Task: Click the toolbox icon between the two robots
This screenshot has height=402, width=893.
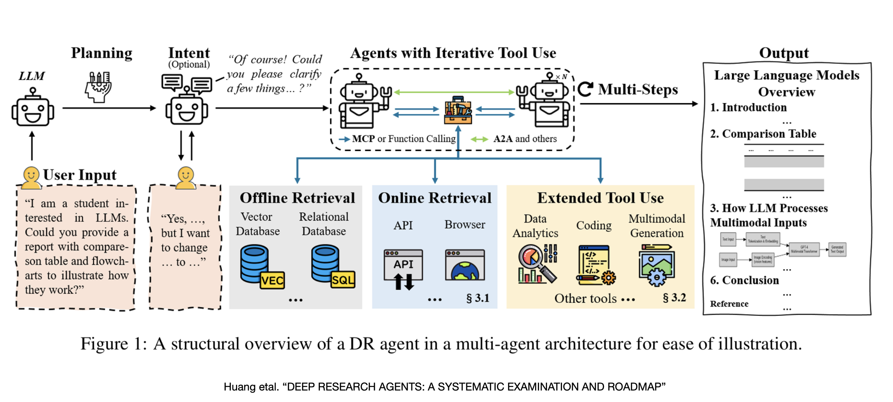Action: click(x=458, y=110)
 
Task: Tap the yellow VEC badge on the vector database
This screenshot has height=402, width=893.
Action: click(x=272, y=280)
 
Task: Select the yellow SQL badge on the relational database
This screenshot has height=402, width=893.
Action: click(x=343, y=280)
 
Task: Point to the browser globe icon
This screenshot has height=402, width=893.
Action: click(x=465, y=266)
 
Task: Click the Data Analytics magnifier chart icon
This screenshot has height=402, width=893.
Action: click(x=537, y=264)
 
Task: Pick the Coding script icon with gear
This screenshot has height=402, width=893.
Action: click(x=595, y=265)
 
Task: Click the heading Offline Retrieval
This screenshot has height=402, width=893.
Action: click(x=297, y=198)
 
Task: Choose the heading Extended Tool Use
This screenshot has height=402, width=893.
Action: click(x=600, y=198)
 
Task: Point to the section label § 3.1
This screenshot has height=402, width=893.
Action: click(x=478, y=298)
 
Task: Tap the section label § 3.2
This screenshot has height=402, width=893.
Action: click(x=674, y=298)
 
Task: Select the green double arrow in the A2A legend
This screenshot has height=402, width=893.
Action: click(x=479, y=139)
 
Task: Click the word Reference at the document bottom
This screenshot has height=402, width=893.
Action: click(x=729, y=304)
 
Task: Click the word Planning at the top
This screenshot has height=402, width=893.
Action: click(x=101, y=53)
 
